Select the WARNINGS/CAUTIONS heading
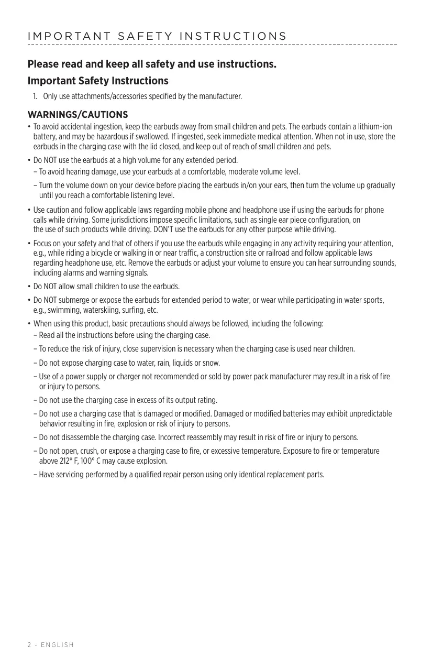(77, 115)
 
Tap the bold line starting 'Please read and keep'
(152, 64)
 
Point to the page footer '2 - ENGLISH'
(51, 645)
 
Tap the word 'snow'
(211, 363)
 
